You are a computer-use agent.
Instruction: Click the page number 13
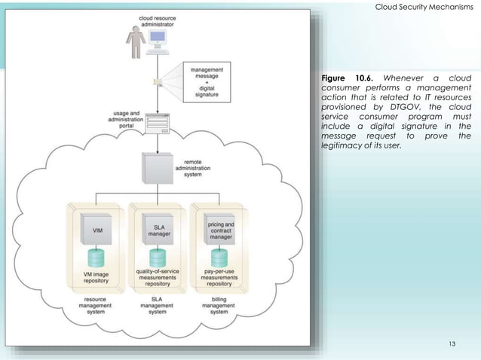[452, 344]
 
